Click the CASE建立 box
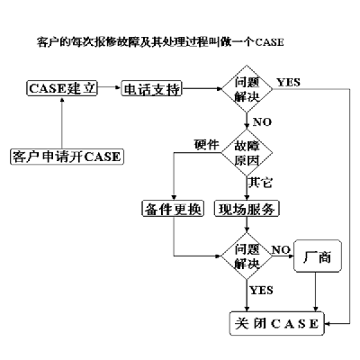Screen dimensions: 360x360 [62, 88]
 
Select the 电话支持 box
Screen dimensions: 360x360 [152, 88]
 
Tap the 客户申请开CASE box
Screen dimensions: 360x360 [67, 157]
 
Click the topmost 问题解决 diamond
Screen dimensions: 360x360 [247, 89]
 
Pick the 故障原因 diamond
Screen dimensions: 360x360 [247, 153]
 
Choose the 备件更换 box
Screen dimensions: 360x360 [173, 209]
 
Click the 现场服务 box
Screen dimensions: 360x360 [247, 209]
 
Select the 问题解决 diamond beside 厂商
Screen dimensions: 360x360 [247, 256]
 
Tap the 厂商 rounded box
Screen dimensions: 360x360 [318, 256]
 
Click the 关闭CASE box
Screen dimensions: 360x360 [277, 323]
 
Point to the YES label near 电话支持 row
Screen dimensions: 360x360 [288, 82]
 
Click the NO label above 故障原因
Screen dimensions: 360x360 [262, 121]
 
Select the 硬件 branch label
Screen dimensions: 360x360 [206, 145]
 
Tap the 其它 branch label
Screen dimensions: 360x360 [260, 182]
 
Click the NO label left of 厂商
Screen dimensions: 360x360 [281, 249]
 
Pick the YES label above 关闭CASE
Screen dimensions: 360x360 [261, 290]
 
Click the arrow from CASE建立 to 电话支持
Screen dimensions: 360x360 [109, 87]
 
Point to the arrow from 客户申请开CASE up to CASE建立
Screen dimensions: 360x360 [62, 122]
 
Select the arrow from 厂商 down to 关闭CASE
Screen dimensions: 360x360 [315, 292]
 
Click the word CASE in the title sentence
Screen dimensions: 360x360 [269, 42]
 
